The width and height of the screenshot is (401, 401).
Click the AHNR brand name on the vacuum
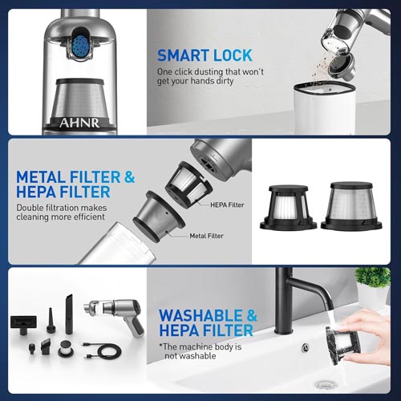point(79,123)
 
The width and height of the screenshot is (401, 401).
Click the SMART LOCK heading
point(205,55)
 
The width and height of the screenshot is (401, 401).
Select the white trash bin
point(325,107)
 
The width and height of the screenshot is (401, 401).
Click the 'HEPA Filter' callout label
point(227,205)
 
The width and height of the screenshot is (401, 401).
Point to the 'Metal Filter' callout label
point(206,236)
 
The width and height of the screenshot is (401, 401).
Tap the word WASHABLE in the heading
point(200,315)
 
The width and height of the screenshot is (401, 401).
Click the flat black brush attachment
point(23,324)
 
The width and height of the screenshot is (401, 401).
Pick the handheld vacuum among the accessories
point(115,315)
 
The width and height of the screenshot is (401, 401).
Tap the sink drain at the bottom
point(325,385)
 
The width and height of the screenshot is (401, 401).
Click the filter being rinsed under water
point(343,345)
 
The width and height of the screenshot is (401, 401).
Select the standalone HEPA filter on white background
point(288,207)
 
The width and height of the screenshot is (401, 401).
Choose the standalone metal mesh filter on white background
point(351,206)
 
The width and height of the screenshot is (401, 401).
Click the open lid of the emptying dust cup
point(342,67)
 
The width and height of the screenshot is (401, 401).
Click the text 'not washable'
point(190,356)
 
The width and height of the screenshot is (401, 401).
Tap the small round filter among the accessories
point(65,349)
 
